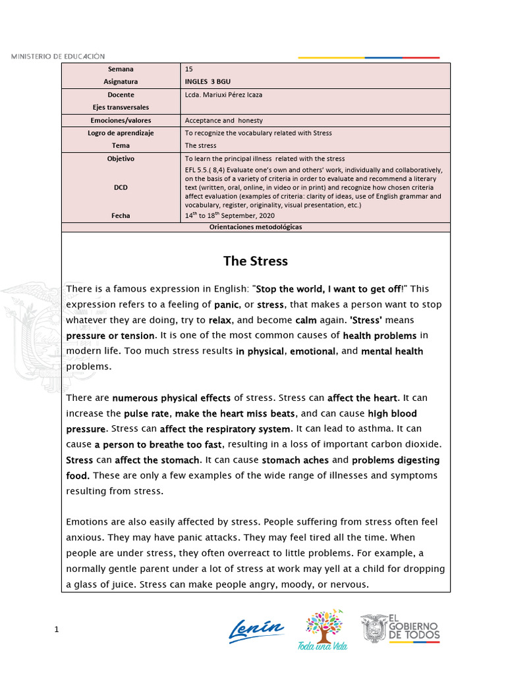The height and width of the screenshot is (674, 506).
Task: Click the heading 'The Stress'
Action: pos(255,261)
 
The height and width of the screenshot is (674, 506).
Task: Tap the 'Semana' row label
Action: pos(121,69)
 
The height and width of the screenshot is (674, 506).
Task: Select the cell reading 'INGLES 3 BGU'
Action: pos(208,82)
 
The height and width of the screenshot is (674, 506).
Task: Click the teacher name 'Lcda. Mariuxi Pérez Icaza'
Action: pos(223,95)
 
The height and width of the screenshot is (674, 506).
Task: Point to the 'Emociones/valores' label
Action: pos(121,120)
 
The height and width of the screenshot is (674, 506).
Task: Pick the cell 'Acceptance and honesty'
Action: pos(223,120)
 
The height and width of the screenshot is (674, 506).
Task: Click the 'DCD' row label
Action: pos(121,188)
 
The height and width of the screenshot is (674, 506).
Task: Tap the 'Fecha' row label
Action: pos(121,215)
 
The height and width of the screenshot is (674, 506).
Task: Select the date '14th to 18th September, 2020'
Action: pos(230,215)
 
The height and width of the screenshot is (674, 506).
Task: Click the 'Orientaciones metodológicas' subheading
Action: pos(256,227)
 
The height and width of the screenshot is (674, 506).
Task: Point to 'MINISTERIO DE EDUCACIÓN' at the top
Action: pos(57,57)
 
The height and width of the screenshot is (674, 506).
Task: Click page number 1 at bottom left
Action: pos(57,630)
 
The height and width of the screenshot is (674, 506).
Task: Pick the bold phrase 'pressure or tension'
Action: pos(109,336)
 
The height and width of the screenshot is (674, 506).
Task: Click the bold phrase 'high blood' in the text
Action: pos(392,413)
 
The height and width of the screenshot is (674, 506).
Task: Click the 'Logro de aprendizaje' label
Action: pos(121,133)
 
